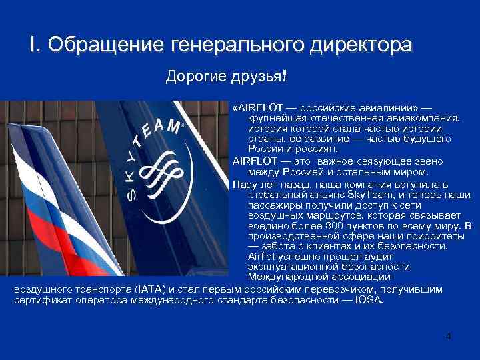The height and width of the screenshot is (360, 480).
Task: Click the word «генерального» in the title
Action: [x=235, y=45]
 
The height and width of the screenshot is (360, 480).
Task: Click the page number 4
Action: [x=449, y=335]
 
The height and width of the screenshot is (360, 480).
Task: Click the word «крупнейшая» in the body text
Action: [x=273, y=118]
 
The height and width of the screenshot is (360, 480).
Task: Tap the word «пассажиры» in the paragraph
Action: [x=273, y=205]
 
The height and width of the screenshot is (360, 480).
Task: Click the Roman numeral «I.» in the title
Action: [x=34, y=45]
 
